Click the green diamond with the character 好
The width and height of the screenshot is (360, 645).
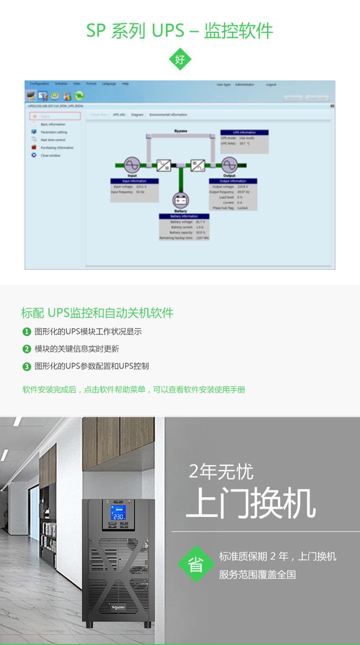(180, 59)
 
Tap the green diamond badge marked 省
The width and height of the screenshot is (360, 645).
(196, 564)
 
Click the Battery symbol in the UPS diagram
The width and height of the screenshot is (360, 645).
(180, 200)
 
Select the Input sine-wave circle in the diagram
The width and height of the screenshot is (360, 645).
(132, 165)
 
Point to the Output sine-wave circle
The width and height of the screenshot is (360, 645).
(229, 165)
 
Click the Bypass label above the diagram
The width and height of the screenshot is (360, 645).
(180, 131)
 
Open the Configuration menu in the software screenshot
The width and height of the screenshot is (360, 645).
(40, 84)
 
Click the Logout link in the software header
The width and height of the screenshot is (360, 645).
(271, 85)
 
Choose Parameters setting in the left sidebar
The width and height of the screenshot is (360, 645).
(53, 132)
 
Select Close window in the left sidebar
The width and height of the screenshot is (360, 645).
(50, 155)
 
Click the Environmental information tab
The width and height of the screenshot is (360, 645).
(168, 115)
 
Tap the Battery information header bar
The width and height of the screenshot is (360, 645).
(184, 216)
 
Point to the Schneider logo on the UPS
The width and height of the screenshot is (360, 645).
(118, 609)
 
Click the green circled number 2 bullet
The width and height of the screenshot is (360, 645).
(26, 349)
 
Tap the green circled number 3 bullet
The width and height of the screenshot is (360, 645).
(26, 366)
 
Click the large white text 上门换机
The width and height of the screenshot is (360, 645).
(251, 504)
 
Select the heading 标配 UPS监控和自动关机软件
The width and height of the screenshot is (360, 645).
(97, 313)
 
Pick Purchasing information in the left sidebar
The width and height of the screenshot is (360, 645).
(57, 148)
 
